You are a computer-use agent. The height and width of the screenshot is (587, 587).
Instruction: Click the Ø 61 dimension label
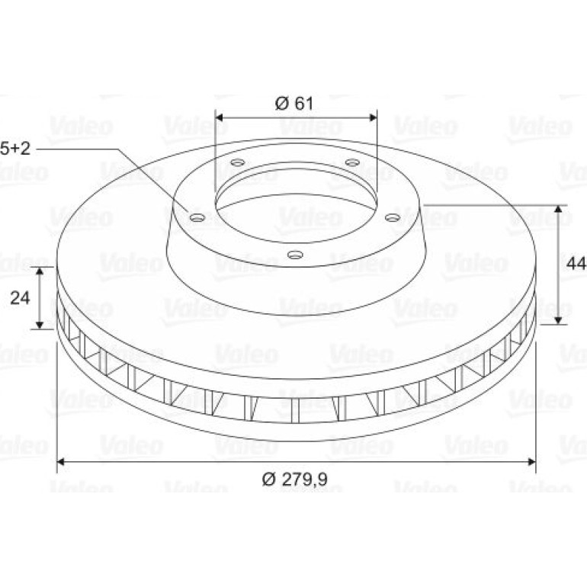tap(293, 104)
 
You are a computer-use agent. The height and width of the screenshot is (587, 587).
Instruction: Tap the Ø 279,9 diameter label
tap(295, 479)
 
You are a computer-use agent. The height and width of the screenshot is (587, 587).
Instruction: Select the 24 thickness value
tap(20, 298)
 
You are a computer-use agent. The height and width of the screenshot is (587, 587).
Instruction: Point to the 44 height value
tap(576, 264)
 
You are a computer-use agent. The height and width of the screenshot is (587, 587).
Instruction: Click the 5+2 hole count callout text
tap(15, 149)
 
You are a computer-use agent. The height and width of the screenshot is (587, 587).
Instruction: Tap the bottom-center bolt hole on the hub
tap(295, 255)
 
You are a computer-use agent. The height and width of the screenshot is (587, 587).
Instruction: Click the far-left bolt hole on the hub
tap(197, 217)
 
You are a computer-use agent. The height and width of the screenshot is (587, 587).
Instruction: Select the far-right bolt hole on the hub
tap(393, 217)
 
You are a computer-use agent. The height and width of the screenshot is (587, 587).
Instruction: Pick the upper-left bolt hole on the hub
tap(238, 162)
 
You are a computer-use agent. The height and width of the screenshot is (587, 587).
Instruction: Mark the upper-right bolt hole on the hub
tap(352, 162)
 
